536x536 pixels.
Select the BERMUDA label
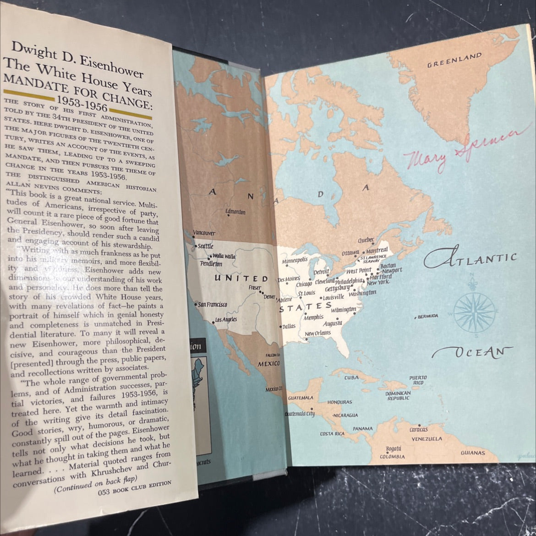pos(427,317)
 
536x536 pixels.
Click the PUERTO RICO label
pos(418,380)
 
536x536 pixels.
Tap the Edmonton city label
pos(235,212)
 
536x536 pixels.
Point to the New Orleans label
pos(317,333)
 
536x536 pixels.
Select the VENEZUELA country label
pos(427,438)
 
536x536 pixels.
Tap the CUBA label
pos(351,378)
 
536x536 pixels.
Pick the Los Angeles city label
pos(226,319)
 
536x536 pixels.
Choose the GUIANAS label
pos(473,453)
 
